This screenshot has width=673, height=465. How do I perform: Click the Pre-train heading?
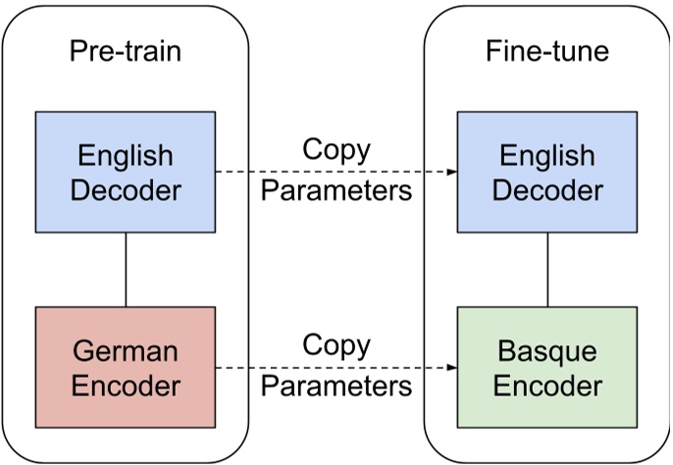pos(125,51)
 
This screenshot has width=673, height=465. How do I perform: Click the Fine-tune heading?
pos(546,51)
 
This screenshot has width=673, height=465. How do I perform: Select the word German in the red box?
pos(125,351)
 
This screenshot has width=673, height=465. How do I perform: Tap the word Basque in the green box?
pos(545,351)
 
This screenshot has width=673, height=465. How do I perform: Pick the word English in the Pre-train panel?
pos(125,155)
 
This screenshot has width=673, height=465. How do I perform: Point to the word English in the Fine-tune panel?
pos(545,155)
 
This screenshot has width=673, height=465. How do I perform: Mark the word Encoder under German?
pos(125,385)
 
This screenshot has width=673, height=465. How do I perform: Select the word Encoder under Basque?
pos(545,385)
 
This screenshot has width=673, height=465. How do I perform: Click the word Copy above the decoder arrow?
pos(336,150)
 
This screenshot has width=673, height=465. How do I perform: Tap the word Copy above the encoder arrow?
pos(336,345)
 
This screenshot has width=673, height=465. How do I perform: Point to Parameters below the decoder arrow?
pos(336,189)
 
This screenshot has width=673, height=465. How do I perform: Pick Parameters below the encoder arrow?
pos(336,386)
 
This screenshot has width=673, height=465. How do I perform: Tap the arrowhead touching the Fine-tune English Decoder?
pos(452,172)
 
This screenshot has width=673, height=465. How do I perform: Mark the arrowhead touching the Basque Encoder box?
pos(452,368)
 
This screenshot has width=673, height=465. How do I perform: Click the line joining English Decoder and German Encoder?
pos(126,270)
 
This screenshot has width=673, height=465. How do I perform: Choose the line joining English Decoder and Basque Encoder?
pos(546,270)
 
